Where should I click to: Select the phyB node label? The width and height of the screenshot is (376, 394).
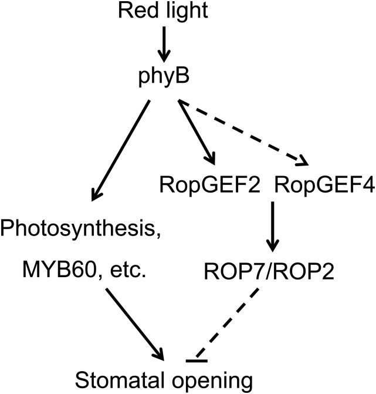click(x=164, y=78)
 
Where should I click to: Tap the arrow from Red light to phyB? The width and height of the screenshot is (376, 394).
click(x=164, y=43)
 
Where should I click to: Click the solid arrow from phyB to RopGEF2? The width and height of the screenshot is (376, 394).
click(x=197, y=132)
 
